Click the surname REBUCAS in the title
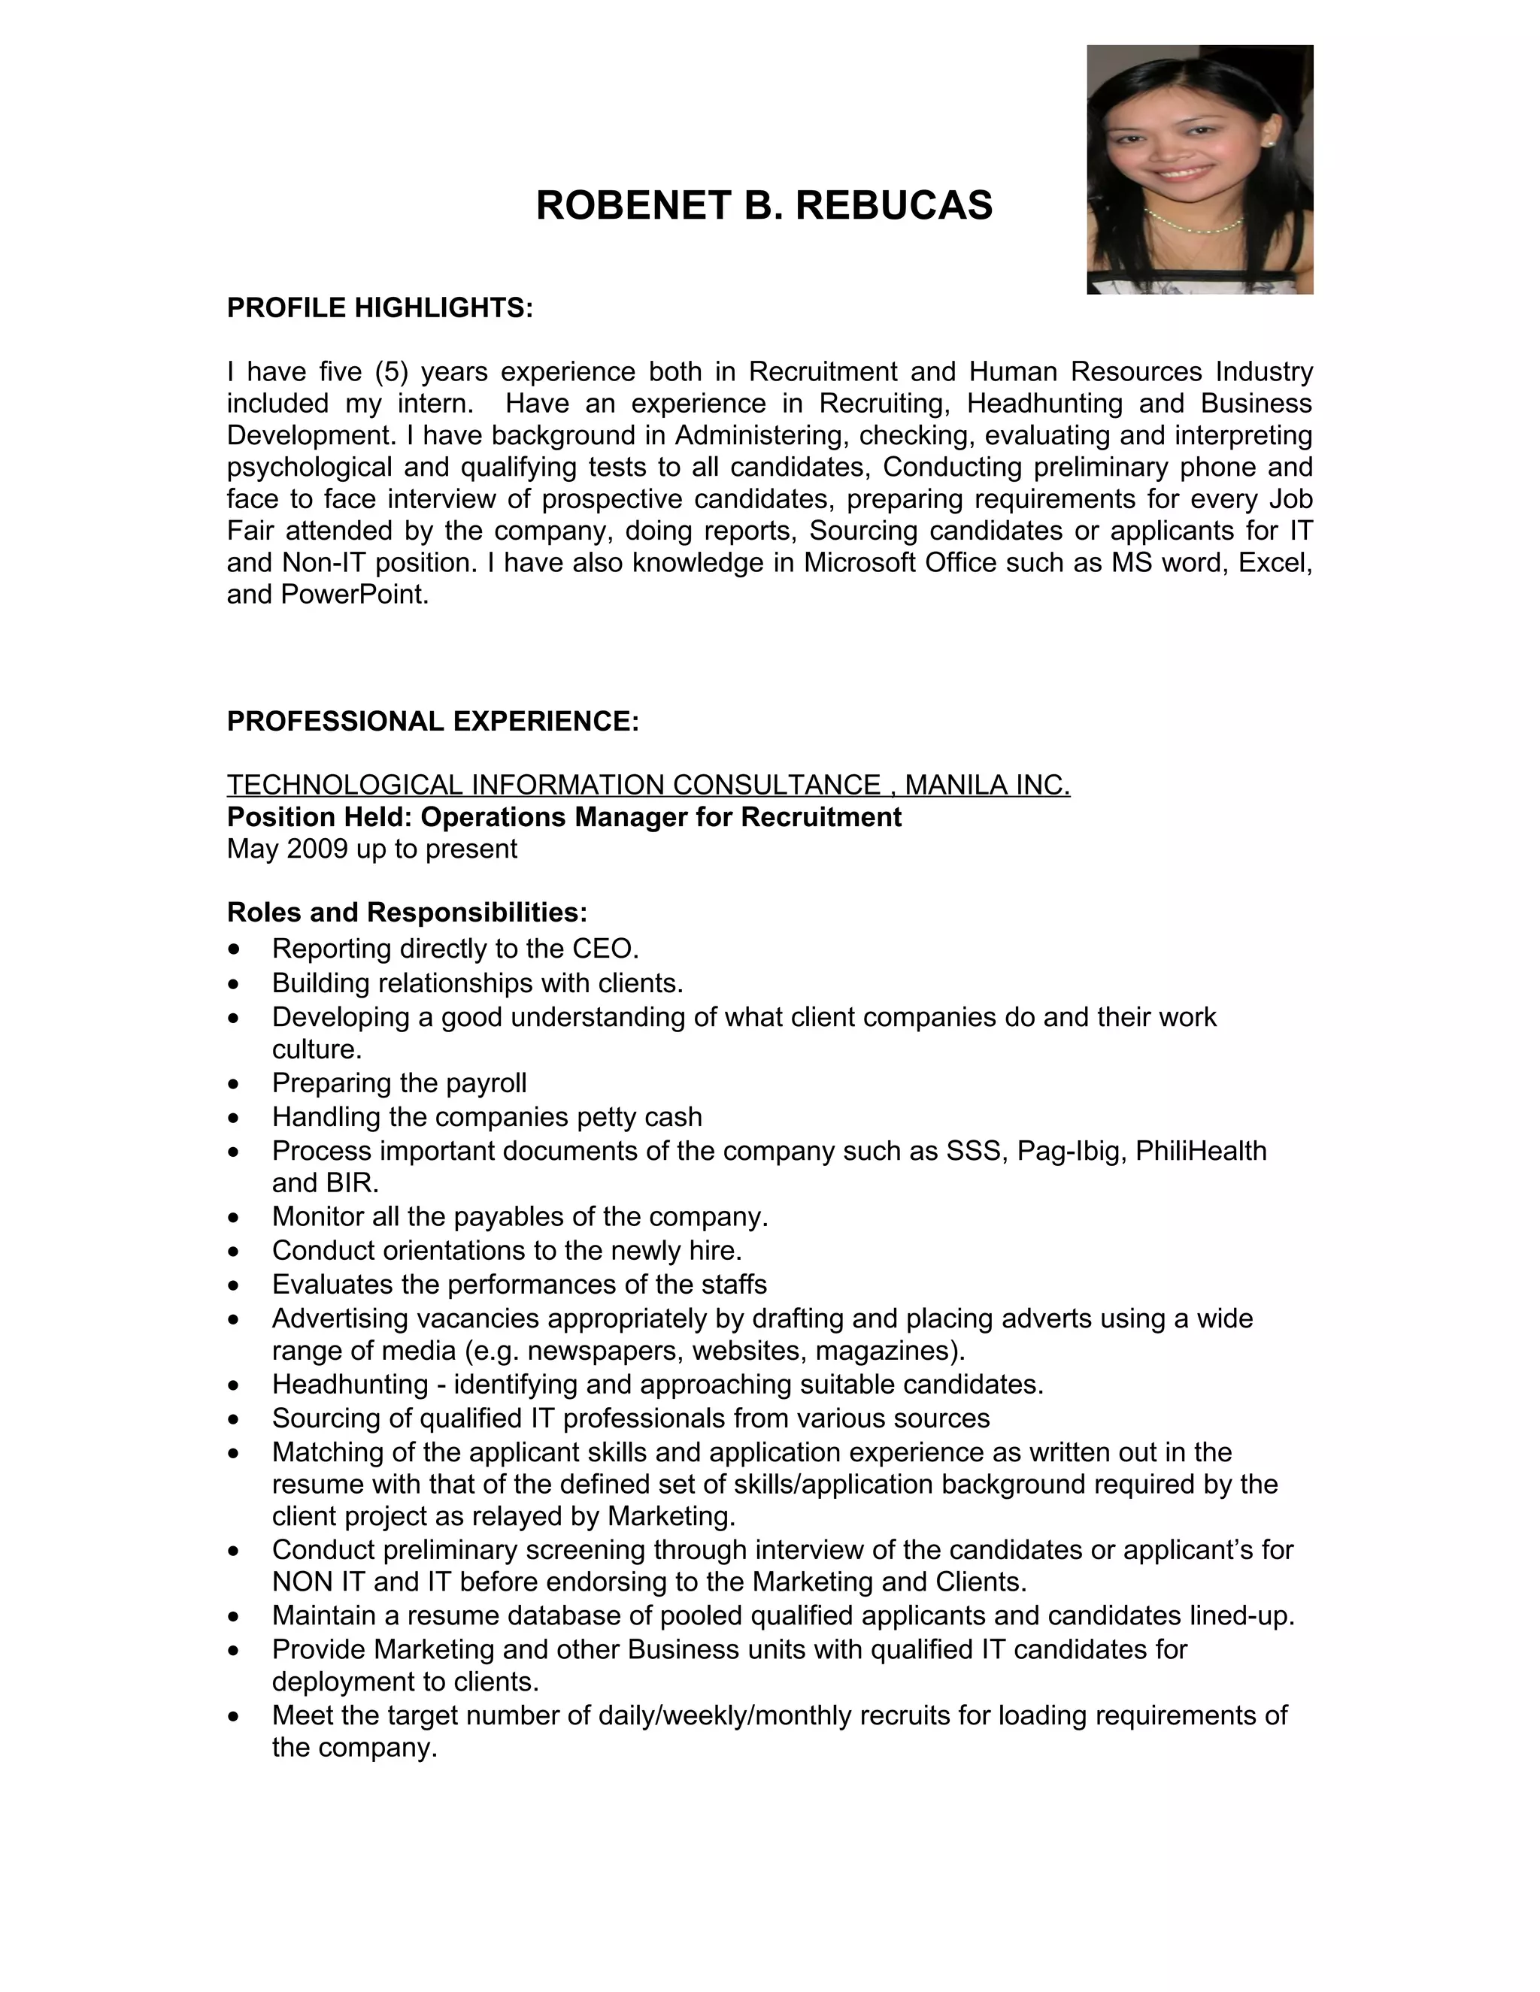pos(893,205)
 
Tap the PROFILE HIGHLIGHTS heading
pos(380,308)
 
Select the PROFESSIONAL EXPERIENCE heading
pos(432,722)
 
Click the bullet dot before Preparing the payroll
pos(235,1083)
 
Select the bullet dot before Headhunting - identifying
pos(235,1385)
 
